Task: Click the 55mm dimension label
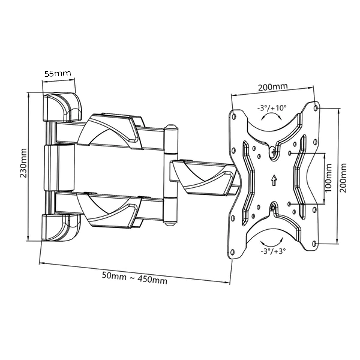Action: coord(58,74)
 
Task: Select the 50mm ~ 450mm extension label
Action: coord(135,278)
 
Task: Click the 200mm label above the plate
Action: coord(273,87)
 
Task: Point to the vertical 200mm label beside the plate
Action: coord(344,177)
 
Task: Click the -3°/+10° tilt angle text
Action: coord(272,108)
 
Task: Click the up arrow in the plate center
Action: coord(274,180)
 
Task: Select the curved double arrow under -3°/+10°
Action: coord(271,117)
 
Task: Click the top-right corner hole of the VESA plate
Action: coord(316,108)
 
